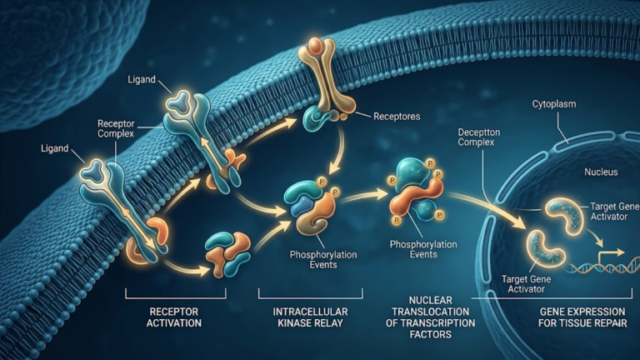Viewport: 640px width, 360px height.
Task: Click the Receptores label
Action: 397,117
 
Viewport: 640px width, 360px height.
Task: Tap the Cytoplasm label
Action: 554,104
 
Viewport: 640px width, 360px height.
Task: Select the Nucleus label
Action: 601,172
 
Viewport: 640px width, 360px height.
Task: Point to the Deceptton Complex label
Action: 479,137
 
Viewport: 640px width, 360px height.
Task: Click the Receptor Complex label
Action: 116,128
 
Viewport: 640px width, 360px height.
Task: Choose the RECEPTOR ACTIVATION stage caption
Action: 174,317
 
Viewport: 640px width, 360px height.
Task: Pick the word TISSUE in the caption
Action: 582,323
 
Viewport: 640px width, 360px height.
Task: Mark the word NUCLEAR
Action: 431,300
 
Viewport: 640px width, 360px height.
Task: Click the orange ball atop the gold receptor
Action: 316,44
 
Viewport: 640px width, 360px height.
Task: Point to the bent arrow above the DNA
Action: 610,255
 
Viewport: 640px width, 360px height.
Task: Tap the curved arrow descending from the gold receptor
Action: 338,149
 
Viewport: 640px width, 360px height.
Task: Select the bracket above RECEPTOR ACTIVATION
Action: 176,294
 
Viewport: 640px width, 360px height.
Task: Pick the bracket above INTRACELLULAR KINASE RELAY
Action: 310,294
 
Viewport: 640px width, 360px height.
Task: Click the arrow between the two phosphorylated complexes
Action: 364,196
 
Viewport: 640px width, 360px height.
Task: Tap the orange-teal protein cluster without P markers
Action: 227,254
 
